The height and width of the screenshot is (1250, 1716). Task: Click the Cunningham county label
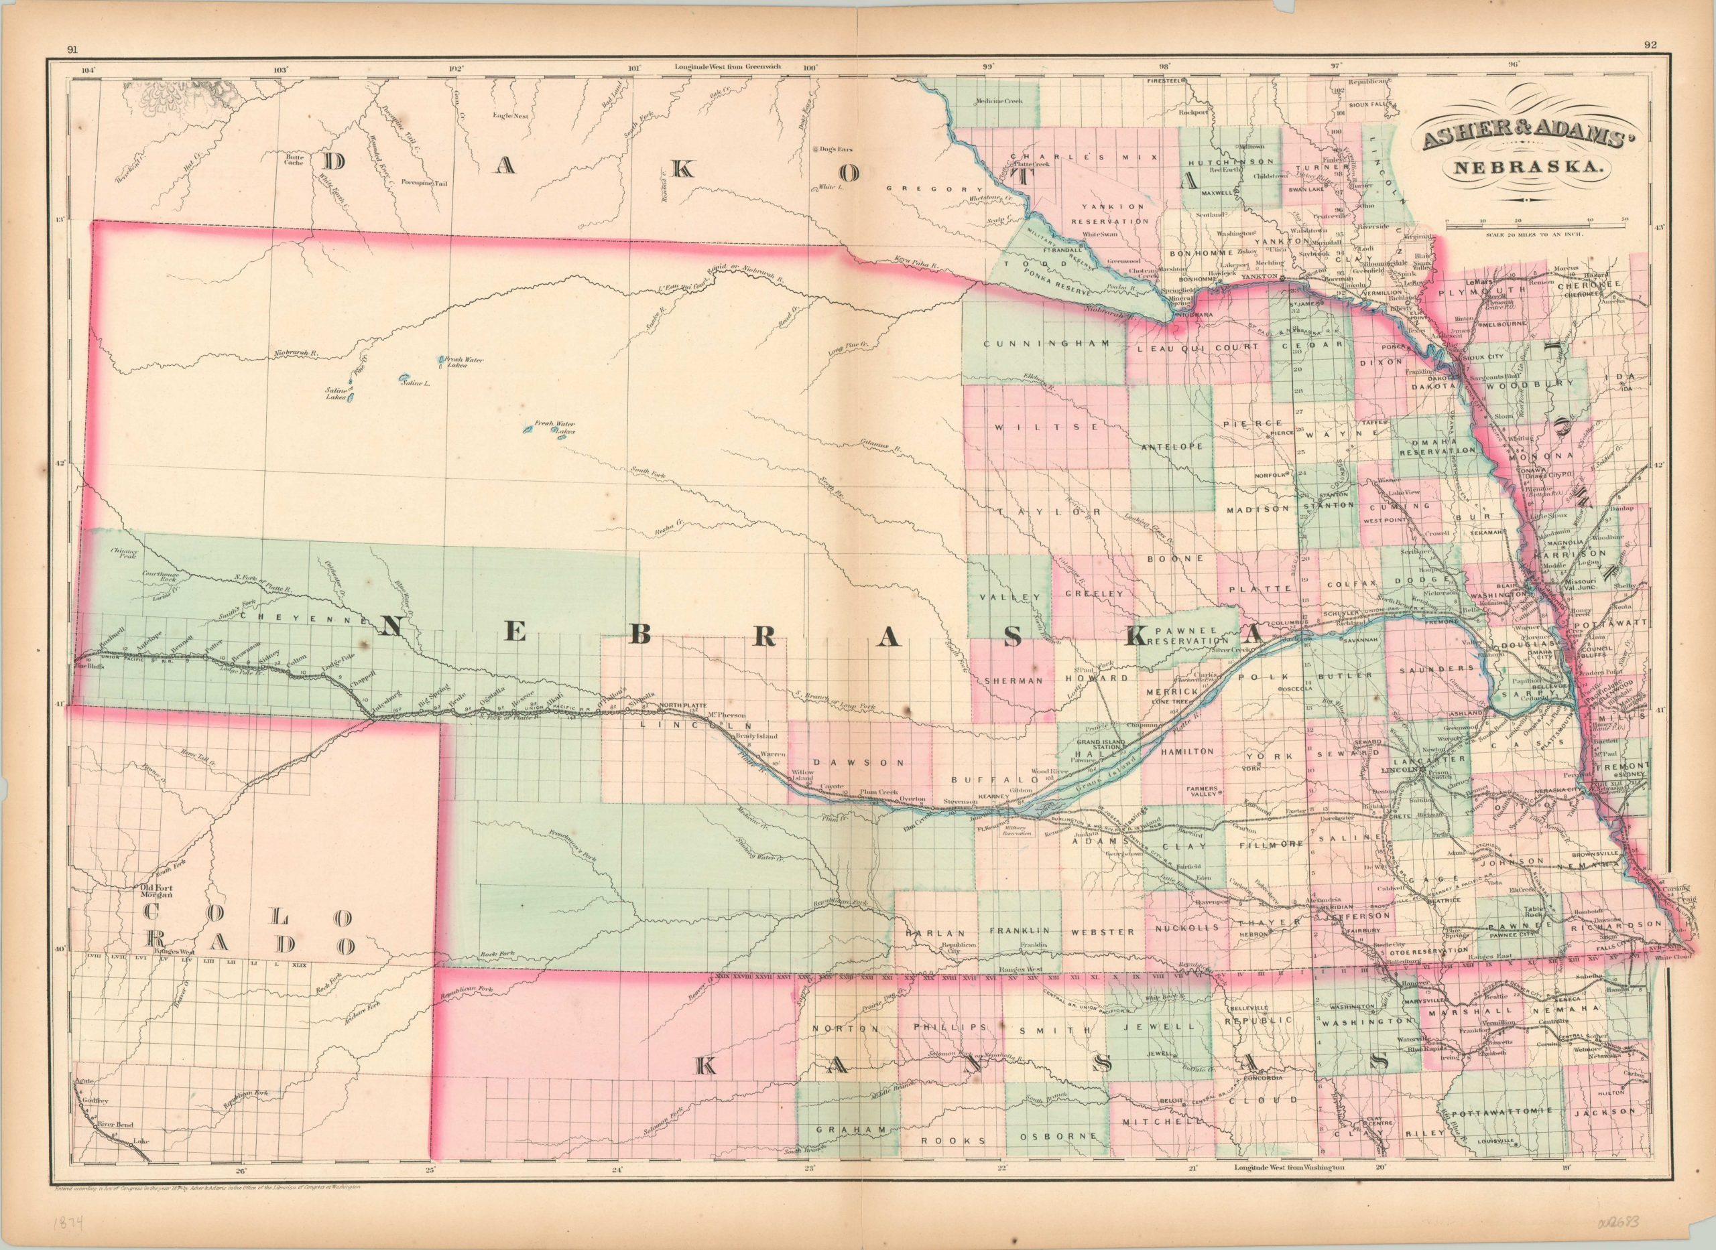(x=1046, y=344)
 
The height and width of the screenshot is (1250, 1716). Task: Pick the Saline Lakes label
(x=335, y=392)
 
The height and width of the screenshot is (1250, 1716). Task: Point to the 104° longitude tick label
(x=89, y=70)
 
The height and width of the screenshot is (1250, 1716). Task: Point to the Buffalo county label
(x=983, y=778)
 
